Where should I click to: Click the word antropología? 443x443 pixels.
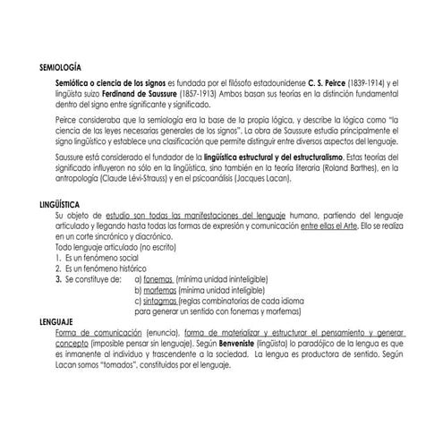(x=81, y=177)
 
